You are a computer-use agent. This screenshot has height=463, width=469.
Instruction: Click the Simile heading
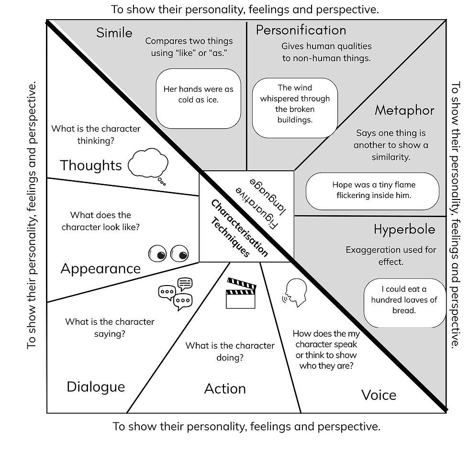[x=114, y=33]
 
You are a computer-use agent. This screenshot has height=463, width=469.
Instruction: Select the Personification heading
[x=301, y=30]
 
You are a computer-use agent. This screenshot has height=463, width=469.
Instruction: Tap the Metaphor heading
[x=404, y=110]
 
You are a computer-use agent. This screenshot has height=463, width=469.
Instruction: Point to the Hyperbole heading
[x=404, y=229]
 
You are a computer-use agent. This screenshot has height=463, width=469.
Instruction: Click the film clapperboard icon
[x=241, y=293]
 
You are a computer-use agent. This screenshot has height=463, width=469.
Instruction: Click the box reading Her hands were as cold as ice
[x=198, y=94]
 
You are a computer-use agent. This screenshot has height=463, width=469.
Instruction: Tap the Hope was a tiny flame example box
[x=372, y=190]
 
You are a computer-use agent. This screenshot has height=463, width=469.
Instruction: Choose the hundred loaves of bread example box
[x=404, y=300]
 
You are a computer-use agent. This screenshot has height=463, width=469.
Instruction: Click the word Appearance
[x=100, y=268]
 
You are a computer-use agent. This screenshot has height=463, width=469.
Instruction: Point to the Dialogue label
[x=96, y=386]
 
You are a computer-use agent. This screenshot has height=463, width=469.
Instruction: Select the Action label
[x=225, y=388]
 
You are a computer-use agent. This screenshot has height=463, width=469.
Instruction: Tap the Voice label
[x=379, y=395]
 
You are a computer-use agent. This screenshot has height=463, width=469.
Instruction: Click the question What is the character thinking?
[x=96, y=134]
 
